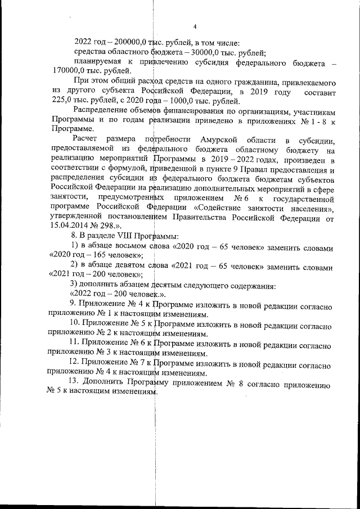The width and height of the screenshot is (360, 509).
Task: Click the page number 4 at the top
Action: coord(195,27)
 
